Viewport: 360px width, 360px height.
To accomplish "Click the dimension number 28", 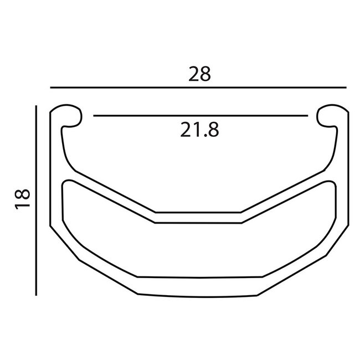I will (x=199, y=74).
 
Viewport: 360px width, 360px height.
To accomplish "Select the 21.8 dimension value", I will (x=199, y=130).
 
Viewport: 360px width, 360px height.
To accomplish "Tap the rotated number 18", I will (x=22, y=198).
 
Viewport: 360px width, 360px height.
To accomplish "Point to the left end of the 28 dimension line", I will (x=50, y=88).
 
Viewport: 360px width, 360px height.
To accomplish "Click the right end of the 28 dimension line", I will (x=346, y=88).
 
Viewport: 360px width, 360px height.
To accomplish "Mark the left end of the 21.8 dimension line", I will (x=95, y=116).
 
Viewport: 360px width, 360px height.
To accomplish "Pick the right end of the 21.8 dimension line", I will (x=307, y=116).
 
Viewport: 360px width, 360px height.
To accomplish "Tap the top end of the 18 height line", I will (x=36, y=105).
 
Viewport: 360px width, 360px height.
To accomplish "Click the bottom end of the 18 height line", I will (x=36, y=295).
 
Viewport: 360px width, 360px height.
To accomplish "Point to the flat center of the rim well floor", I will (x=199, y=217).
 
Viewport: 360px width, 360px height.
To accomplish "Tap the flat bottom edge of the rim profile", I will (x=199, y=294).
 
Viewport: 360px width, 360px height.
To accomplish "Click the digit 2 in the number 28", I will (x=193, y=74).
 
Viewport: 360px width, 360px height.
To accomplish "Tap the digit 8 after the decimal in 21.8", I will (x=213, y=130).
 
